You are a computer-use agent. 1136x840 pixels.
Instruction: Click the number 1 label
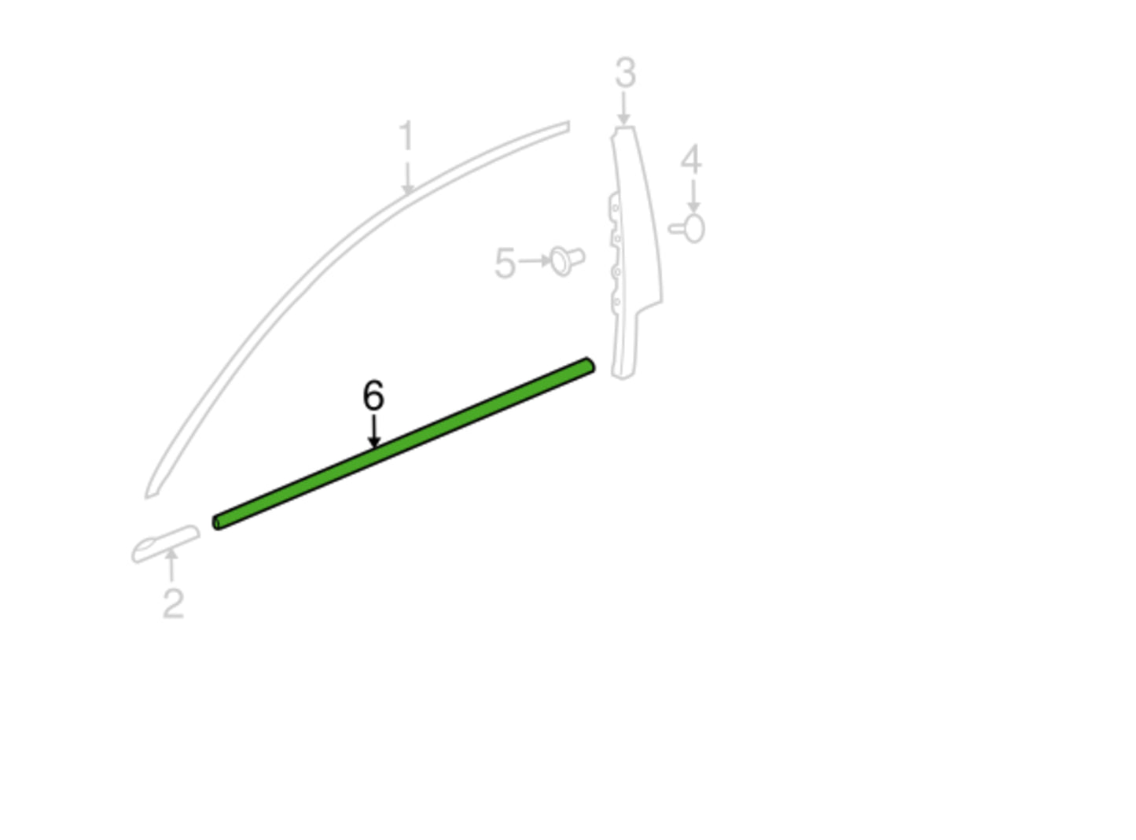(406, 136)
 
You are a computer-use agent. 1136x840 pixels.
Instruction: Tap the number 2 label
(173, 603)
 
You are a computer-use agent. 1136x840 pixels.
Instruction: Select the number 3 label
(625, 72)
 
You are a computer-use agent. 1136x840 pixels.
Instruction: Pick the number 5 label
(505, 263)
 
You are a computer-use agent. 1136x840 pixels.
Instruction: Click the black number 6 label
(373, 396)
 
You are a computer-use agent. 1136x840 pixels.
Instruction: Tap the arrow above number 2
(171, 565)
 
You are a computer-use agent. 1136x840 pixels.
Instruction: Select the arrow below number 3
(623, 108)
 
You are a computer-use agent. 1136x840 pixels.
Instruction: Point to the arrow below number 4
(693, 196)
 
